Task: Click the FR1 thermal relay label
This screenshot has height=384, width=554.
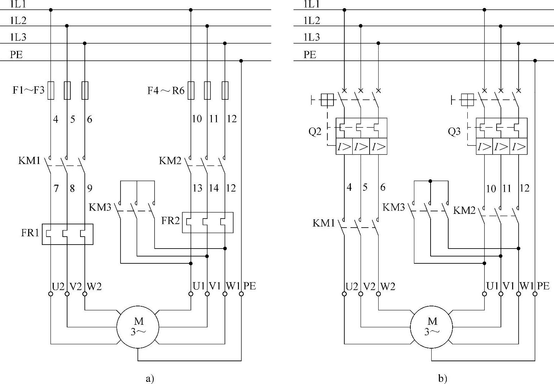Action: coord(30,233)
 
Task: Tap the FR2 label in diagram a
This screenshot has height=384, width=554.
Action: coord(170,220)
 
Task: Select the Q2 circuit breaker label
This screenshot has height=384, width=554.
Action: coord(315,131)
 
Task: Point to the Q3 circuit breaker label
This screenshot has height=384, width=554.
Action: coord(454,131)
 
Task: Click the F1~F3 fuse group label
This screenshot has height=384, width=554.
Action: coord(29,90)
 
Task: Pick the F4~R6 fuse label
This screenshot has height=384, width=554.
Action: coord(166,91)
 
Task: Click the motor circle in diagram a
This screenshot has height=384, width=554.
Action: coord(138,327)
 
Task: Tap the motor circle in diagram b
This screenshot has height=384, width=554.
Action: coord(431,327)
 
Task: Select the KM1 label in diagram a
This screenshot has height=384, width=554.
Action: coord(29,161)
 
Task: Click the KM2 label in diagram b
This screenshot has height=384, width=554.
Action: coord(464,211)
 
